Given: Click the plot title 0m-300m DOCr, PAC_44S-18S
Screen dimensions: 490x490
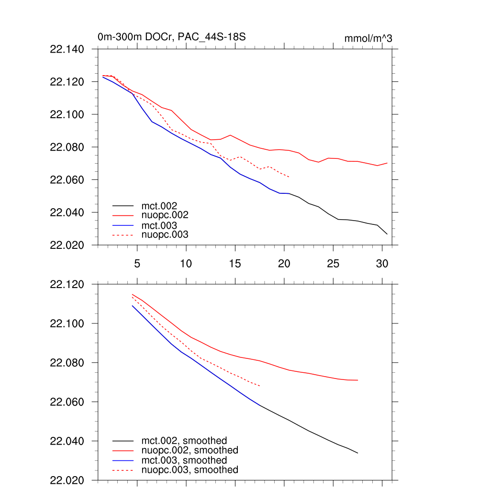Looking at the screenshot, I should [171, 37].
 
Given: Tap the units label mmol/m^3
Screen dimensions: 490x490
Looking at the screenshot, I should [368, 38].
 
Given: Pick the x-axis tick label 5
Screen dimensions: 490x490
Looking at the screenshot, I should [137, 263].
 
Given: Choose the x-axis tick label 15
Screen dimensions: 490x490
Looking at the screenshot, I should [234, 263].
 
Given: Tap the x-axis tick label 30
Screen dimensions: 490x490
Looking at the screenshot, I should [381, 263].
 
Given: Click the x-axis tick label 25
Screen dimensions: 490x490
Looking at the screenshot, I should [333, 263].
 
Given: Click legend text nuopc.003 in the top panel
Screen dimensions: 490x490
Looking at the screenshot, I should [165, 235].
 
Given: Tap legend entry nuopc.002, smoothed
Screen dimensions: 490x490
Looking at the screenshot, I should [189, 450].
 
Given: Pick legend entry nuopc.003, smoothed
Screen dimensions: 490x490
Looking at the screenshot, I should [189, 470].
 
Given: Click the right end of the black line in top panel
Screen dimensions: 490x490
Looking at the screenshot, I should [387, 234].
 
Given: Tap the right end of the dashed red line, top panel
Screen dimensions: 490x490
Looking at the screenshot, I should [289, 177].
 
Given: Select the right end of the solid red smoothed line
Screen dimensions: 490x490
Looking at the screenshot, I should [358, 380].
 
